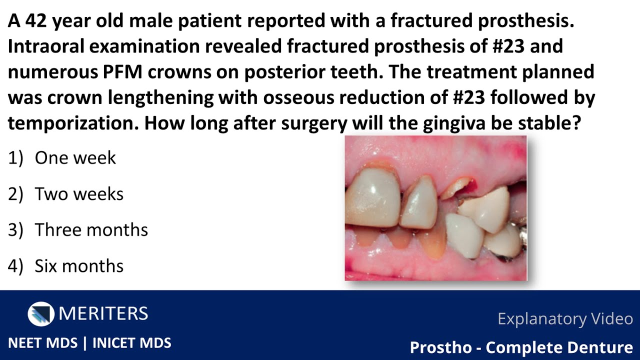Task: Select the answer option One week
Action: (75, 158)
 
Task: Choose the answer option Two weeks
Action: (79, 194)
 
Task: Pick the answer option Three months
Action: (91, 230)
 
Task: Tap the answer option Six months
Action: (79, 266)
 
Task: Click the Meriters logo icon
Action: (41, 314)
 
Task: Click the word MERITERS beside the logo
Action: (103, 314)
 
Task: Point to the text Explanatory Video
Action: (565, 319)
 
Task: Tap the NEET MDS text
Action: (43, 343)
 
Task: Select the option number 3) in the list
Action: (15, 230)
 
